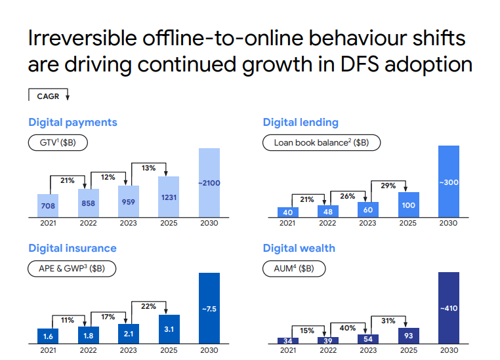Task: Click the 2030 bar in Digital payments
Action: pyautogui.click(x=209, y=183)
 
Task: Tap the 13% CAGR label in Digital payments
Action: pyautogui.click(x=148, y=168)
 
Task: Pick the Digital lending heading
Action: pyautogui.click(x=301, y=122)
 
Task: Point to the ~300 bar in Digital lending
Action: pyautogui.click(x=449, y=182)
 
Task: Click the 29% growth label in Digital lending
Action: pyautogui.click(x=388, y=186)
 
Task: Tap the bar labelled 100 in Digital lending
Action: pyautogui.click(x=408, y=205)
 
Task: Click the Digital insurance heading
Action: pyautogui.click(x=72, y=248)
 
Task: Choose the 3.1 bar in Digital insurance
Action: pyautogui.click(x=169, y=329)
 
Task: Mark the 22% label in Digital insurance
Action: pyautogui.click(x=148, y=306)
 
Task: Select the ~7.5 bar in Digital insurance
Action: pyautogui.click(x=209, y=308)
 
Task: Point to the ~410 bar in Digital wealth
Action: pyautogui.click(x=449, y=308)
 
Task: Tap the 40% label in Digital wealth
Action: pyautogui.click(x=348, y=328)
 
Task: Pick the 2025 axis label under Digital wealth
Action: pyautogui.click(x=408, y=351)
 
